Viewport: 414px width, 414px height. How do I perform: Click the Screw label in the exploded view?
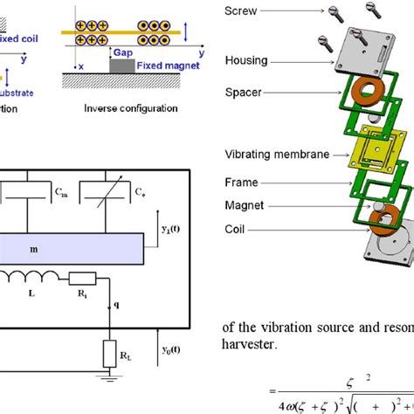point(241,11)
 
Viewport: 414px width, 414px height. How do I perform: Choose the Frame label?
point(243,184)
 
